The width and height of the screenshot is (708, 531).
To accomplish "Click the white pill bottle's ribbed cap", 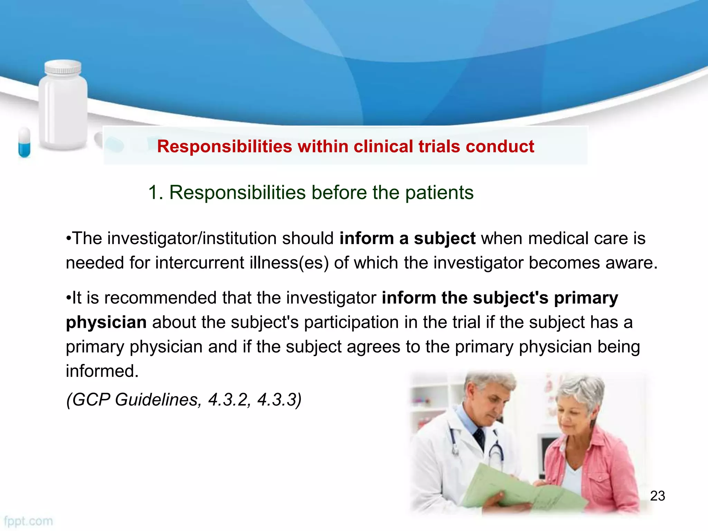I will [x=63, y=67].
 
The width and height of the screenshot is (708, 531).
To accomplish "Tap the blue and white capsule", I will [x=24, y=142].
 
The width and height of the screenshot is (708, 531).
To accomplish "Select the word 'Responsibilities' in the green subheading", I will [x=237, y=192].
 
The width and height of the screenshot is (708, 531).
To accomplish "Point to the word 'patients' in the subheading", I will [x=439, y=192].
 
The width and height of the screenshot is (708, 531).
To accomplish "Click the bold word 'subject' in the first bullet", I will [x=445, y=239].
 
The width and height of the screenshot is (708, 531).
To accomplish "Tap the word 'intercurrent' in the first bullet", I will [x=200, y=263].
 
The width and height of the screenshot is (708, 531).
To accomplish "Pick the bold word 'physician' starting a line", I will [x=106, y=322].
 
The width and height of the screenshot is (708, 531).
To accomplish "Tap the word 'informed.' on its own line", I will [x=102, y=371].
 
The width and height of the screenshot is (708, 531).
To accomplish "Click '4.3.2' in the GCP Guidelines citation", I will [x=228, y=400].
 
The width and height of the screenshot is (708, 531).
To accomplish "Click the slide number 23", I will [x=658, y=496].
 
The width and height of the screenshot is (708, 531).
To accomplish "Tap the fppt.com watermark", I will [x=28, y=521].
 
